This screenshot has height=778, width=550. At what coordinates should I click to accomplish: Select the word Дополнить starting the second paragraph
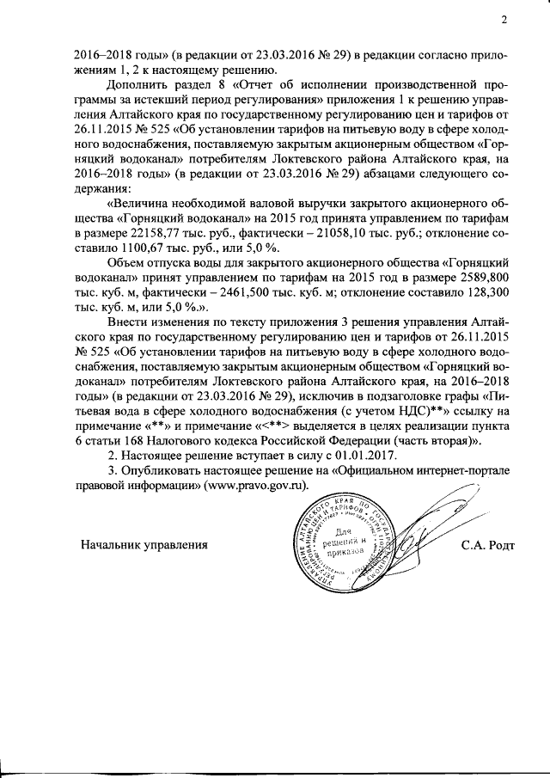pyautogui.click(x=138, y=86)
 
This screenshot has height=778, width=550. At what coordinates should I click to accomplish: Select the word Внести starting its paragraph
pyautogui.click(x=128, y=320)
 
